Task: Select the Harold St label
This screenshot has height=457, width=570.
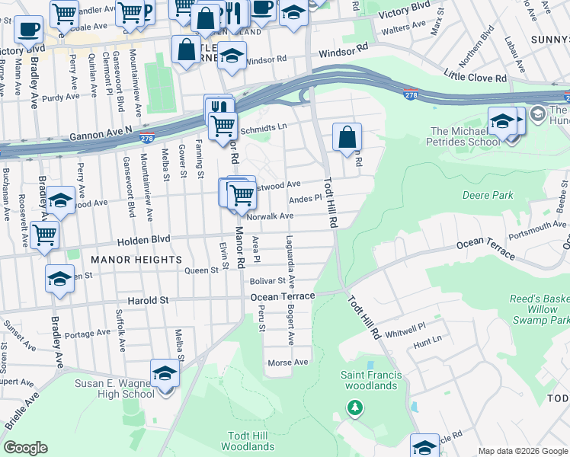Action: pos(148,301)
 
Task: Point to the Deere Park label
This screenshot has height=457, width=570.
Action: pos(488,196)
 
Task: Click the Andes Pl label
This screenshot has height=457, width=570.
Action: pos(305,198)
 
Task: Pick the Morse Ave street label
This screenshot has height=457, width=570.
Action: pos(288,363)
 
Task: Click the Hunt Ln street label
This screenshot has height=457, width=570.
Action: pos(427,344)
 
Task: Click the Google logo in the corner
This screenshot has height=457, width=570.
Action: pos(25,448)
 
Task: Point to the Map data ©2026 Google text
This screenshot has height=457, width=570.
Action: pos(523,451)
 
